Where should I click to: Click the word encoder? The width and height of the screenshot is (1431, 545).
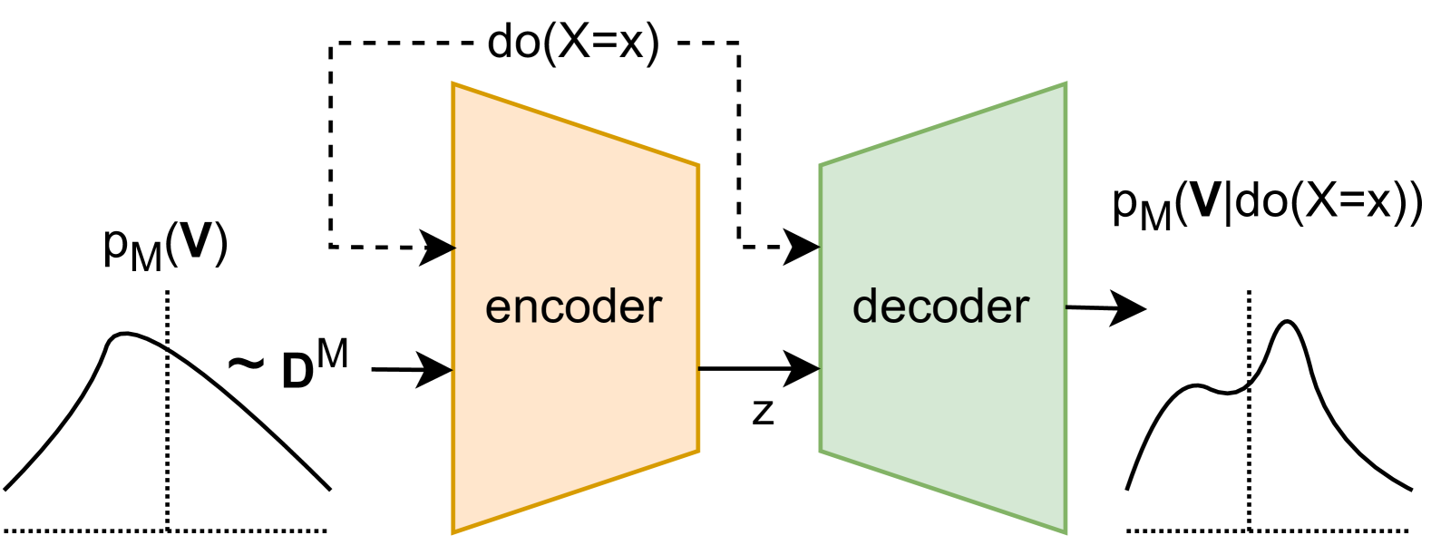coord(573,307)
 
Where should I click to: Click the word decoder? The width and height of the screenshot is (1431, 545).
coord(940,307)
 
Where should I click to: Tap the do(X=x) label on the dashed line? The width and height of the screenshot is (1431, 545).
coord(573,42)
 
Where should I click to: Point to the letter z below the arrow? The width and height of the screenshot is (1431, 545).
coord(764,413)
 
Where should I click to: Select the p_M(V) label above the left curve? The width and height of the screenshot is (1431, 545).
coord(165,246)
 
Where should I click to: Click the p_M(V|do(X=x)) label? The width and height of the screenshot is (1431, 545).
coord(1267,204)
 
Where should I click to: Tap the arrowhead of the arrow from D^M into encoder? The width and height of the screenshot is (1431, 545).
coord(437,370)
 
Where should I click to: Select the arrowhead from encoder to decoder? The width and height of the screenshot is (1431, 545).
coord(804,368)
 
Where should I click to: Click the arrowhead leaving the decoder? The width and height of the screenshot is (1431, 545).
coord(1130,309)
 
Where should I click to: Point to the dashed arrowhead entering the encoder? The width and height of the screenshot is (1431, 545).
coord(439,247)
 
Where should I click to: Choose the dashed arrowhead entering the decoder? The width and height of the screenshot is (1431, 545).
coord(803,246)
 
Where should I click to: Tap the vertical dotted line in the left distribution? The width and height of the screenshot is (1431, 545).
coord(168,426)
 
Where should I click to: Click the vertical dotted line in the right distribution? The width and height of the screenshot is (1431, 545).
coord(1250,435)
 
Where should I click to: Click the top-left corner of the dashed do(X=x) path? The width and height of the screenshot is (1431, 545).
coord(331,44)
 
